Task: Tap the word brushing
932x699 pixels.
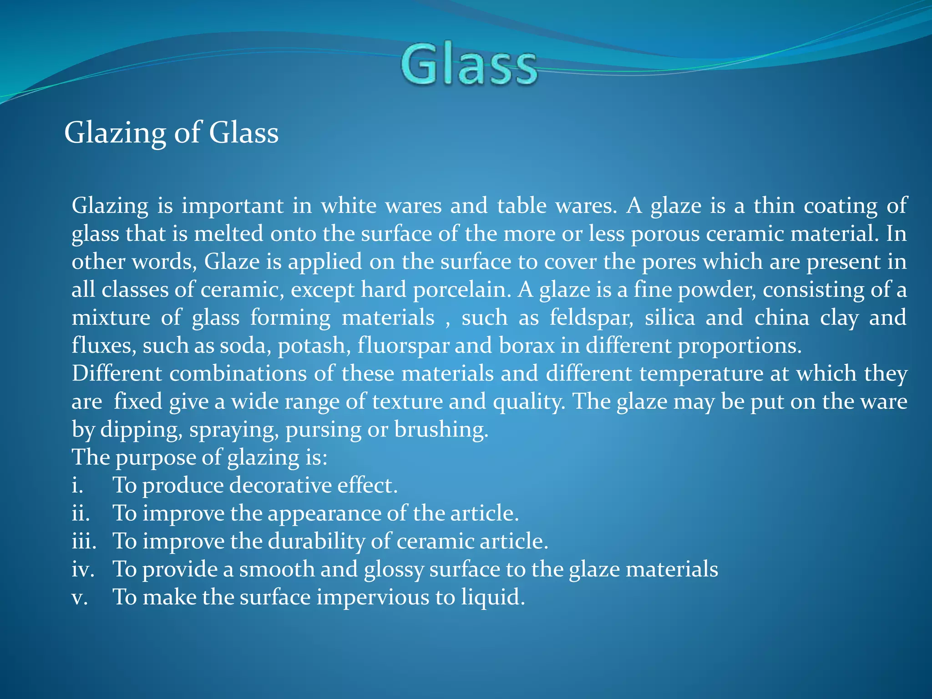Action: tap(441, 429)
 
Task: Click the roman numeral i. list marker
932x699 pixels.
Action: tap(77, 485)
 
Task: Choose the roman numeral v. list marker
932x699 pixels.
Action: tap(79, 598)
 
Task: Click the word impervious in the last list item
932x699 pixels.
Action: tap(373, 598)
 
